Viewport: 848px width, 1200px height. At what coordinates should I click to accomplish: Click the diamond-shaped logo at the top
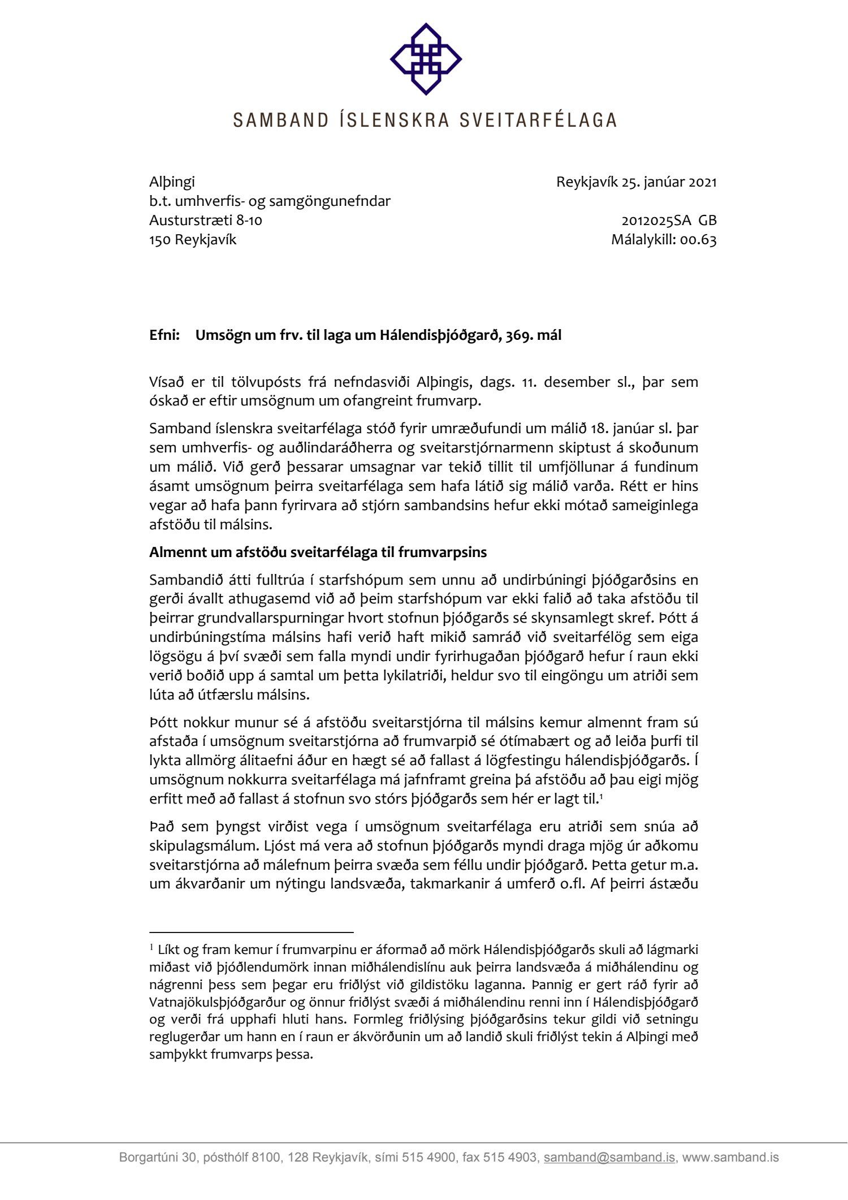click(426, 59)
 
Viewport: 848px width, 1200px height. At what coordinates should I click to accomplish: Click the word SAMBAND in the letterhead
click(281, 120)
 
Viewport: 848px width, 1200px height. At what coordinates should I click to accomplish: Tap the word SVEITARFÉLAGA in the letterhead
click(538, 120)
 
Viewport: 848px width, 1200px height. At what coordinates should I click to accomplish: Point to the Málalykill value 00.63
click(698, 240)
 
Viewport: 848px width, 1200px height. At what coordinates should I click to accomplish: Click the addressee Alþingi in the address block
click(172, 182)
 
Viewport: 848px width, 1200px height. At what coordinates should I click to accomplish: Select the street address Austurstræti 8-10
click(206, 221)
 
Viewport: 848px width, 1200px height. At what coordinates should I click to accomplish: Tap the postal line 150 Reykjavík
click(193, 240)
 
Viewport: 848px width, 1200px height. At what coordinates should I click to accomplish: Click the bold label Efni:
click(165, 335)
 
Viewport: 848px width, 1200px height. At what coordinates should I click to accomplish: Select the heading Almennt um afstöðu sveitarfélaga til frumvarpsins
click(318, 552)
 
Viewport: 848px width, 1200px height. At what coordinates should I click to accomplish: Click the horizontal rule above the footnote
click(252, 931)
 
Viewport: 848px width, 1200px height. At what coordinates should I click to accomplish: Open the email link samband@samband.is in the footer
click(609, 1158)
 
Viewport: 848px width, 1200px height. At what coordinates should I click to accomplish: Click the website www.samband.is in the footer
click(730, 1158)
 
